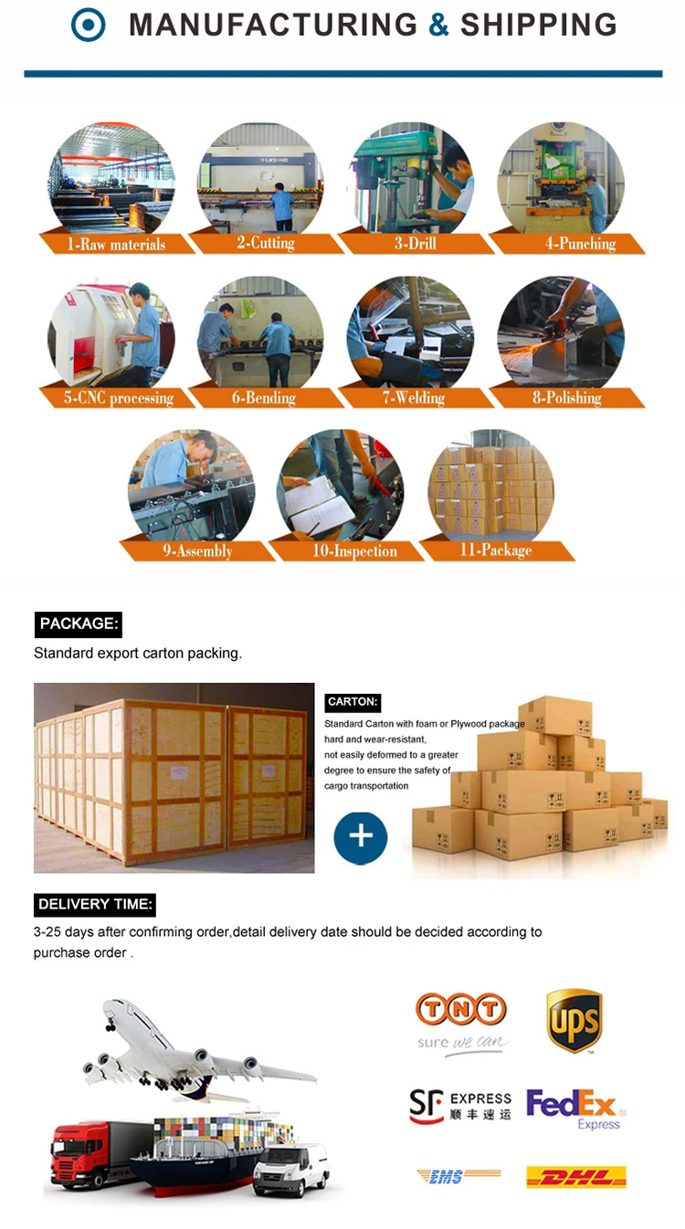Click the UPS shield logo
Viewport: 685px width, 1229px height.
pyautogui.click(x=574, y=1021)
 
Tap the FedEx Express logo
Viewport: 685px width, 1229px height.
pyautogui.click(x=574, y=1108)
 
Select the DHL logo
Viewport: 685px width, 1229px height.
pyautogui.click(x=575, y=1177)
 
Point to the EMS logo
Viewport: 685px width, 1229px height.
pyautogui.click(x=458, y=1177)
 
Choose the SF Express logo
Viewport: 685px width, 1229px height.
pyautogui.click(x=459, y=1107)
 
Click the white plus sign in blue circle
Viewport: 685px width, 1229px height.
pyautogui.click(x=361, y=836)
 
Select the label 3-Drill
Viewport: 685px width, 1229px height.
pyautogui.click(x=416, y=244)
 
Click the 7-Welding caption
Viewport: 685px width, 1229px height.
pyautogui.click(x=414, y=398)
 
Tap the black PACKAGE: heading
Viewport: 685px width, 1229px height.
pyautogui.click(x=79, y=625)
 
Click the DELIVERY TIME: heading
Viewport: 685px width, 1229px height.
pyautogui.click(x=95, y=905)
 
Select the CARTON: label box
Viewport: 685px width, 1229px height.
pyautogui.click(x=353, y=702)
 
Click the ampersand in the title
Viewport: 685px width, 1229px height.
pyautogui.click(x=438, y=26)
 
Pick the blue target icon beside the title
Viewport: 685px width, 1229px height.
pyautogui.click(x=89, y=26)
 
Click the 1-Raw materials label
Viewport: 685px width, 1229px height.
pyautogui.click(x=116, y=244)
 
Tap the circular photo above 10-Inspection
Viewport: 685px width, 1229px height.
pyautogui.click(x=340, y=485)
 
